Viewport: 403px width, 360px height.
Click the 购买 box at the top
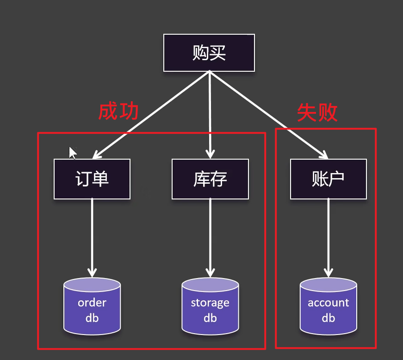click(x=209, y=53)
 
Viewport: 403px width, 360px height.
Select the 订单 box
click(x=92, y=179)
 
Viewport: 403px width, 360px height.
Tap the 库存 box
click(x=210, y=179)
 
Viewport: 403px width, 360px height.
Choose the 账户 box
click(x=329, y=179)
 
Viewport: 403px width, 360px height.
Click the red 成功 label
click(x=118, y=112)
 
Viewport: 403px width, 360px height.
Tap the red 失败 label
click(x=317, y=112)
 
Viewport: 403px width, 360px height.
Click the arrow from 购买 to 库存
click(x=210, y=116)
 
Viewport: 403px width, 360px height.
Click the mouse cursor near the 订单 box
click(x=72, y=153)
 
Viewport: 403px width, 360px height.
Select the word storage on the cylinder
click(x=210, y=303)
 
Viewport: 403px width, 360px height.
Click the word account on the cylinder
click(x=329, y=303)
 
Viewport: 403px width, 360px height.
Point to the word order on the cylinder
click(x=92, y=303)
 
